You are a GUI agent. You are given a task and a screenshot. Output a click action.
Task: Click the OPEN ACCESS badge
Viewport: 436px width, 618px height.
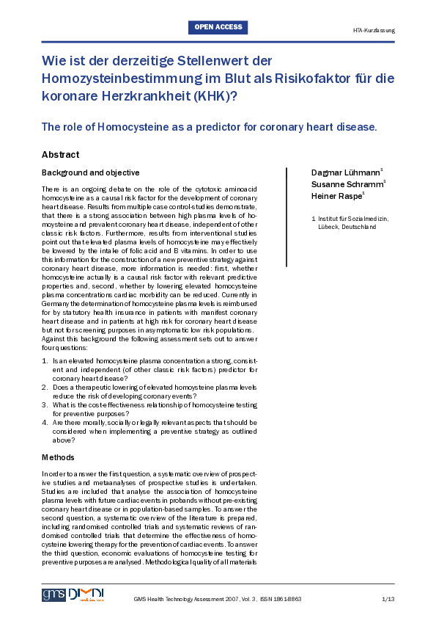click(x=218, y=28)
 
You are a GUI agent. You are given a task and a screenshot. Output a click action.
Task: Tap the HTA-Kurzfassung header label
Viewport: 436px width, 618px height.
click(x=373, y=31)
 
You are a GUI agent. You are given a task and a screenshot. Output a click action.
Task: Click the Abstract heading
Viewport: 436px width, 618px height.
click(x=60, y=155)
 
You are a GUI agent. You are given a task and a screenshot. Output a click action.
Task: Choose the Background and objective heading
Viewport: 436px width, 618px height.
click(x=90, y=172)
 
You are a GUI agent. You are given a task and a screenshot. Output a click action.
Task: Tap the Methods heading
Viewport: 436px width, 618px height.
click(x=58, y=457)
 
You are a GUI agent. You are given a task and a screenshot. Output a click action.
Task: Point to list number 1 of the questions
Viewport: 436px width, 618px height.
click(x=45, y=363)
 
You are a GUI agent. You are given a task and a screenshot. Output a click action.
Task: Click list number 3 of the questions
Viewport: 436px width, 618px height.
click(x=45, y=404)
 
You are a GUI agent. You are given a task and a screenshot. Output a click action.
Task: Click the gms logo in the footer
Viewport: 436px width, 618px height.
click(x=53, y=595)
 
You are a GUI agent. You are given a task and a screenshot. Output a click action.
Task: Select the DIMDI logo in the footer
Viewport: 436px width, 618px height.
click(x=86, y=595)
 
